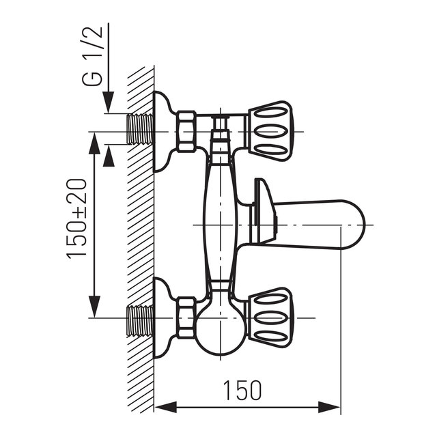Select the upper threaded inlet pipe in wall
pos(141,129)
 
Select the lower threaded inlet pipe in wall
pos(141,320)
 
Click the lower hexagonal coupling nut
pos(186,317)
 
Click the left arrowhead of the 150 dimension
pos(162,408)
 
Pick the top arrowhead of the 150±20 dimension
pos(94,140)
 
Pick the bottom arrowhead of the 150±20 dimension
pos(94,309)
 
